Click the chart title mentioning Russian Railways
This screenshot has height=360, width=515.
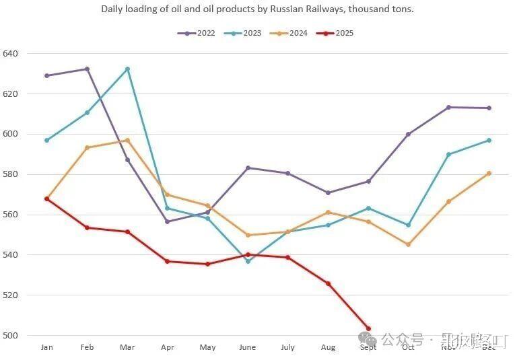pyautogui.click(x=257, y=9)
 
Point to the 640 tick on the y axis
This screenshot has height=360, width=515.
pyautogui.click(x=11, y=53)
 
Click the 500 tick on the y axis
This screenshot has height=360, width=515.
pyautogui.click(x=11, y=335)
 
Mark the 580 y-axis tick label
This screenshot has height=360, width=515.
pyautogui.click(x=11, y=174)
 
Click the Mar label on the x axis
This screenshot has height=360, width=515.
pyautogui.click(x=127, y=347)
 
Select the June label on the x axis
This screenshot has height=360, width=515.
pyautogui.click(x=248, y=347)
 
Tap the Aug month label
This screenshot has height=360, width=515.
pyautogui.click(x=328, y=347)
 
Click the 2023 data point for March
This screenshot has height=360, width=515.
pyautogui.click(x=127, y=69)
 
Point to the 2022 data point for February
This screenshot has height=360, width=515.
pyautogui.click(x=87, y=69)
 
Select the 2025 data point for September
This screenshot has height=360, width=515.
pyautogui.click(x=368, y=328)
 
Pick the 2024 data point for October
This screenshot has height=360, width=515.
pyautogui.click(x=408, y=244)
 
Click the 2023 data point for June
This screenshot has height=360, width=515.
pyautogui.click(x=248, y=261)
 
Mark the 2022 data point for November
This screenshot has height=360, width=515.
pyautogui.click(x=448, y=107)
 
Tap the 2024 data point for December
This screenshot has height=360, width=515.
pyautogui.click(x=489, y=173)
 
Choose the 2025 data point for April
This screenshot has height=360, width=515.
pyautogui.click(x=167, y=261)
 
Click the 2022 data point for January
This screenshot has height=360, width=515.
pyautogui.click(x=46, y=75)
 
